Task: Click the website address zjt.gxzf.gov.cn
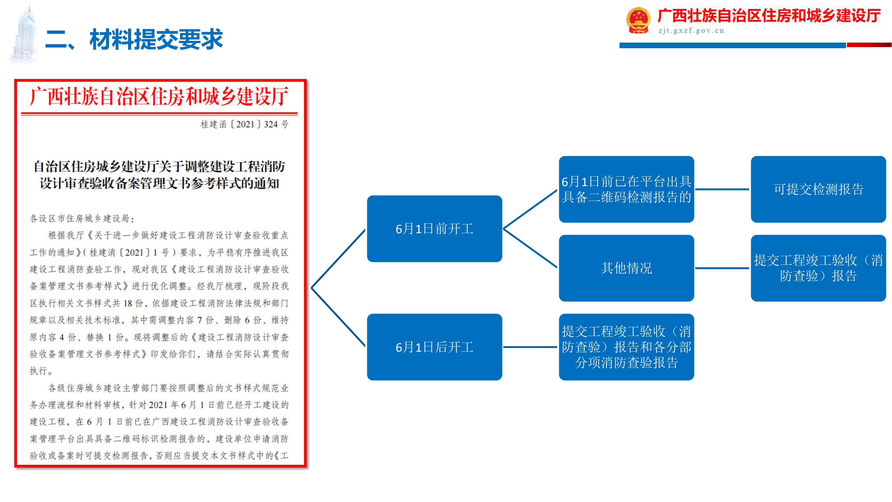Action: [691, 31]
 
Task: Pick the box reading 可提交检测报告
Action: [818, 189]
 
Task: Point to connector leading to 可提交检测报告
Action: [722, 189]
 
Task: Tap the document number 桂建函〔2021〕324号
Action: [244, 124]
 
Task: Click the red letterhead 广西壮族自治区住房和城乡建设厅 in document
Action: [159, 96]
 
